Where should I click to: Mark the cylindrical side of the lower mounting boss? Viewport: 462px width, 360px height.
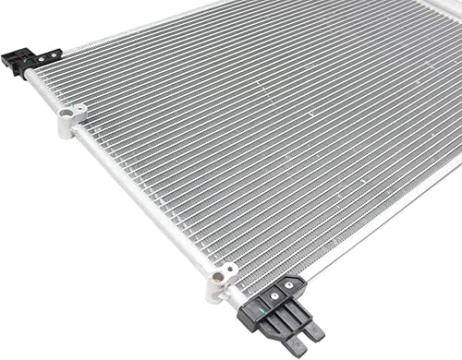[215, 291]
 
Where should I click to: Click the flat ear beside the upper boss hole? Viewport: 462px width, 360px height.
[79, 112]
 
